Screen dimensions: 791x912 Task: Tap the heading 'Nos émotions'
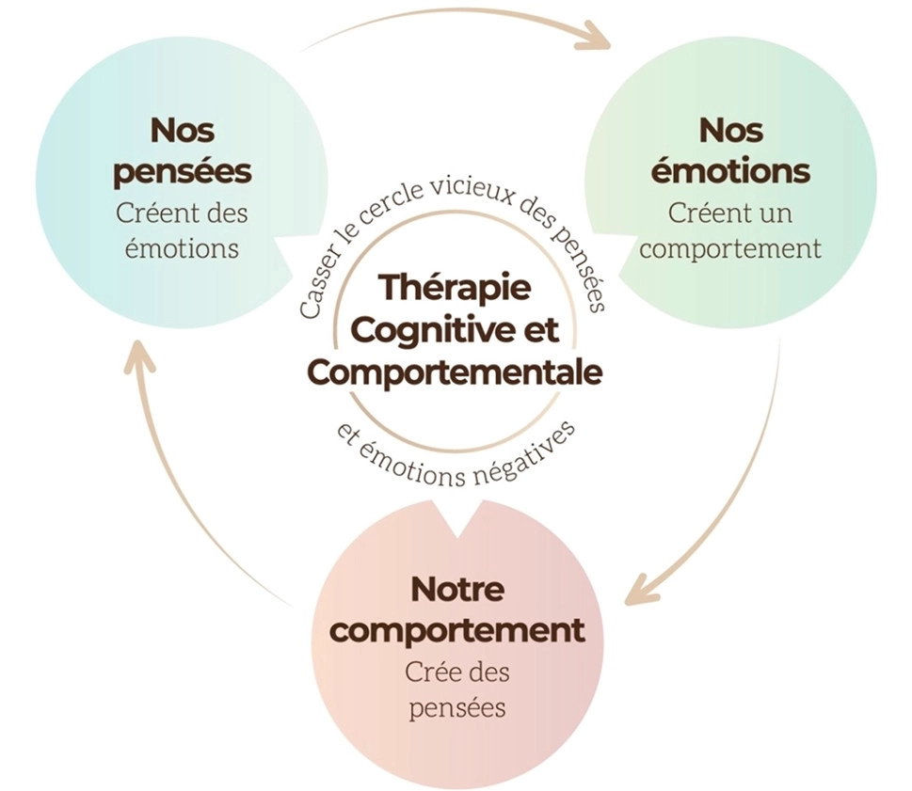(x=729, y=150)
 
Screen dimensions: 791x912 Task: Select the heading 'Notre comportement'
(x=457, y=609)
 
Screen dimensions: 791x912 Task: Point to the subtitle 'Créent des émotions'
(x=183, y=230)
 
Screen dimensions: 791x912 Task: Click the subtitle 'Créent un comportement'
(x=729, y=230)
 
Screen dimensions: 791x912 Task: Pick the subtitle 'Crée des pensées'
(x=457, y=689)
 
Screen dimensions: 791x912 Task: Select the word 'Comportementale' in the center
(x=455, y=372)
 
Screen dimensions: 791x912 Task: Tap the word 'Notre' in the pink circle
(x=457, y=590)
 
